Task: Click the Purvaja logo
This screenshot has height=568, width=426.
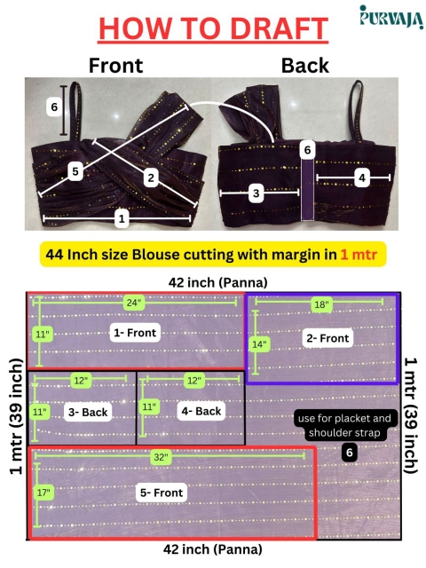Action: (391, 17)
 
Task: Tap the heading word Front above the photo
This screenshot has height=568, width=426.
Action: (116, 66)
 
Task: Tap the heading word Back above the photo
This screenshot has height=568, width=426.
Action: (305, 66)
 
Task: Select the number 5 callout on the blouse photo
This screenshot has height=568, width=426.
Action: (75, 171)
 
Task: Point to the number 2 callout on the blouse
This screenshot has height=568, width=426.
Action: (151, 177)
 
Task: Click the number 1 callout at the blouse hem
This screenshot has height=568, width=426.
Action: (122, 218)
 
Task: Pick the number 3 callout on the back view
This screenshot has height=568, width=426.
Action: (256, 193)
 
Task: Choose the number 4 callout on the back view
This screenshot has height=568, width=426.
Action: (362, 177)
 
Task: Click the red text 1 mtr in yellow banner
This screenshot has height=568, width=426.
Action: (359, 255)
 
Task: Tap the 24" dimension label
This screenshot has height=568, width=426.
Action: (134, 303)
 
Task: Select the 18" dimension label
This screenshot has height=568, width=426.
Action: (321, 304)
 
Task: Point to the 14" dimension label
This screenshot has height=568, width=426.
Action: (259, 343)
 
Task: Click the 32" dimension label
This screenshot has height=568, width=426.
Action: (161, 457)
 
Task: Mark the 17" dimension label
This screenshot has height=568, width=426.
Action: (43, 493)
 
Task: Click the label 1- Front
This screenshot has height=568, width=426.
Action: (135, 333)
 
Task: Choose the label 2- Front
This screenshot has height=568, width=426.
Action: (327, 338)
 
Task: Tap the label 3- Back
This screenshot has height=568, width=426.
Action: (88, 412)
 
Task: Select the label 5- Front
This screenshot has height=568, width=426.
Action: (162, 493)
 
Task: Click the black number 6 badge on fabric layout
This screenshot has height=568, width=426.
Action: (350, 453)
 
